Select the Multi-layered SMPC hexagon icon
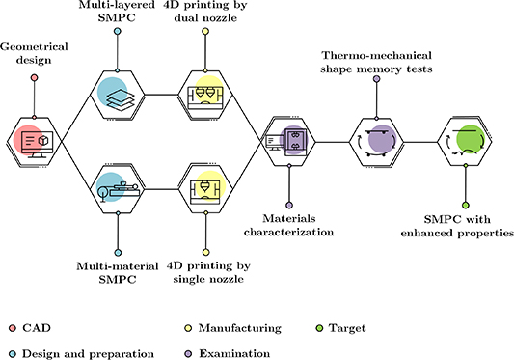pyautogui.click(x=117, y=95)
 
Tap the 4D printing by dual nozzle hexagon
pyautogui.click(x=204, y=95)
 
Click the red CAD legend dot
pyautogui.click(x=9, y=329)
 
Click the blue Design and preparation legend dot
pyautogui.click(x=9, y=353)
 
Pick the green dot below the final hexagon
pyautogui.click(x=465, y=205)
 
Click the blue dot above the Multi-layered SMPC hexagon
pyautogui.click(x=117, y=32)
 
